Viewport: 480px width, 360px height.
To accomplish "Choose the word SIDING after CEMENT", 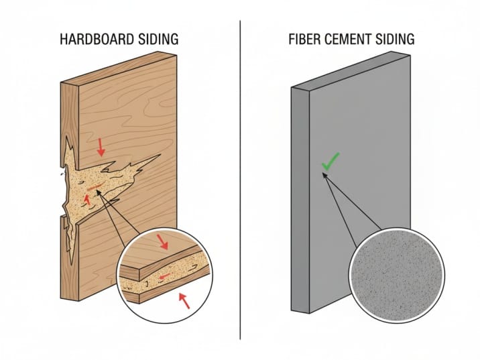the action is coord(396,40).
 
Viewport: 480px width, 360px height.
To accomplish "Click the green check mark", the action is coord(330,162).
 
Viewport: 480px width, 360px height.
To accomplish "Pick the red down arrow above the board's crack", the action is coord(101,147).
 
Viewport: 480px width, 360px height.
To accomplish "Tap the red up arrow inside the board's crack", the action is coord(87,199).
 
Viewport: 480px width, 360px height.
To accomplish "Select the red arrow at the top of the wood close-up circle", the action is coord(162,242).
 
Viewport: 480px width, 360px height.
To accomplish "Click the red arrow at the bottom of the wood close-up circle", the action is coord(184,300).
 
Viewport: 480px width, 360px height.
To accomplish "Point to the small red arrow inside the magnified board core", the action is coord(164,276).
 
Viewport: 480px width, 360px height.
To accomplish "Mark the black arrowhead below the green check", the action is coord(324,176).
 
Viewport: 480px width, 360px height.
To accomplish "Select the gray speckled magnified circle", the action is coord(397,276).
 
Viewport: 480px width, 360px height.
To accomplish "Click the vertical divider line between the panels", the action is coord(240,180).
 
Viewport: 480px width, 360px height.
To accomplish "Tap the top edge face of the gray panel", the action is coord(351,70).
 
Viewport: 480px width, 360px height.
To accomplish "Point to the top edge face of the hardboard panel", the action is coord(119,68).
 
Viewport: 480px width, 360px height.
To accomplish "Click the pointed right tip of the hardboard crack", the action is coord(160,156).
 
